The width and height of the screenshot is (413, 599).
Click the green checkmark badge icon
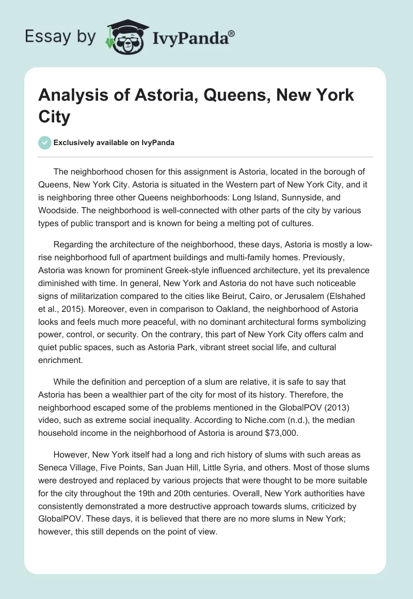(44, 143)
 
